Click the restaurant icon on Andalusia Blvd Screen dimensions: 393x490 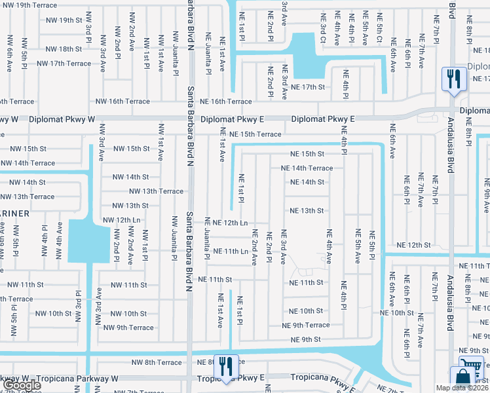click(x=453, y=79)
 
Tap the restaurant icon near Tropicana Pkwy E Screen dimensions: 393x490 click(x=226, y=367)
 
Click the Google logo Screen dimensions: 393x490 click(x=21, y=385)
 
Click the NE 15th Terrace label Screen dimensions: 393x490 click(x=255, y=134)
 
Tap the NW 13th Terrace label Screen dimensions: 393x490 click(x=156, y=191)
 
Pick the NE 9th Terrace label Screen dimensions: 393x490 click(x=305, y=325)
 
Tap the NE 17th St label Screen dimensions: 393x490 click(x=308, y=86)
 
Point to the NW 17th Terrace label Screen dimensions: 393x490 click(x=64, y=64)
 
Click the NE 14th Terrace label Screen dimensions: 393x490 click(x=307, y=168)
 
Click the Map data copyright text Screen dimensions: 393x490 click(x=462, y=388)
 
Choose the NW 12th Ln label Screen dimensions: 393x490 click(x=122, y=219)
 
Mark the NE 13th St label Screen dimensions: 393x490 click(x=307, y=211)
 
